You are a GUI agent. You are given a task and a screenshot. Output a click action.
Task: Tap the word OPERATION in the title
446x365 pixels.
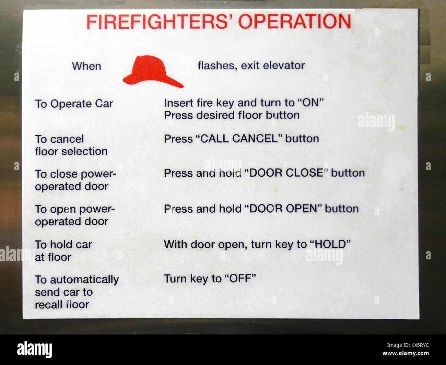[x=295, y=22]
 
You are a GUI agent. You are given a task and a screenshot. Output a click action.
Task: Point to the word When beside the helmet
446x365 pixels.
[x=86, y=66]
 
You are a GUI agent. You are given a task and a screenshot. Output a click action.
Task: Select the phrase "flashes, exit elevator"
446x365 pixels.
[x=251, y=65]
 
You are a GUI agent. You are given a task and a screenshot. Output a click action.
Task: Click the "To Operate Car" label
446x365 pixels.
[x=74, y=104]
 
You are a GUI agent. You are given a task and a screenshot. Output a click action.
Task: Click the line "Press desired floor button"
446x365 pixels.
[x=232, y=115]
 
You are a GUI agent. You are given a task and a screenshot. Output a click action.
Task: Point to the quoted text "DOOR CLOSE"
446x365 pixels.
[x=286, y=173]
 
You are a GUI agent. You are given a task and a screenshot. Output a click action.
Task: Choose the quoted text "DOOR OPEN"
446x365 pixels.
[x=283, y=209]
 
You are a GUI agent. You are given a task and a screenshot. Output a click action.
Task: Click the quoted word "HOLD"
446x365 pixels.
[x=330, y=244]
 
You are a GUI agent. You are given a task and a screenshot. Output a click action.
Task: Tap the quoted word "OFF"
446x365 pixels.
[x=240, y=278]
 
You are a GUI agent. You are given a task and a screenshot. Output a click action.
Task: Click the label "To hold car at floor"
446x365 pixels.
[x=63, y=251]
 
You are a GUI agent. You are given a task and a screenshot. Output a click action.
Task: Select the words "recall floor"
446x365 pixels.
[x=62, y=304]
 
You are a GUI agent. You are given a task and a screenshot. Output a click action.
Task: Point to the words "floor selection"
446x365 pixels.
[x=71, y=151]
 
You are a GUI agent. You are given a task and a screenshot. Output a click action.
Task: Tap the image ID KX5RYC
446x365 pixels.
[x=415, y=346]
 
